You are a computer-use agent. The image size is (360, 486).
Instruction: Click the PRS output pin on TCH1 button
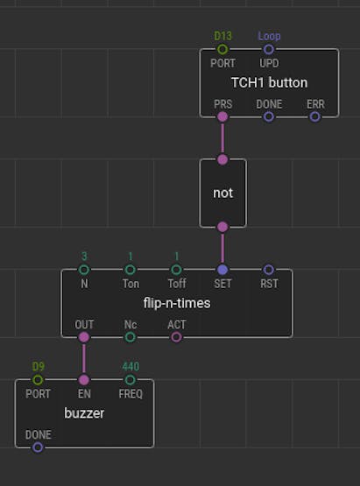(x=222, y=116)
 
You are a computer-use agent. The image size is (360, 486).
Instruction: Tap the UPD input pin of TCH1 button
(x=269, y=49)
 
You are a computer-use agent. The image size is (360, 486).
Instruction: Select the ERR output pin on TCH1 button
(x=315, y=116)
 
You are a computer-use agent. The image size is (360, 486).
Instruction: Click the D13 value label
(x=222, y=36)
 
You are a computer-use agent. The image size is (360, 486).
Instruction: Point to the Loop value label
(x=269, y=36)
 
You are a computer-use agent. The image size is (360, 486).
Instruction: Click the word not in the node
(x=223, y=194)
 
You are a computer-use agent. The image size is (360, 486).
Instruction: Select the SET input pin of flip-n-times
(x=222, y=270)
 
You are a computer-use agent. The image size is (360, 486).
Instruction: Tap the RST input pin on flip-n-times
(x=269, y=270)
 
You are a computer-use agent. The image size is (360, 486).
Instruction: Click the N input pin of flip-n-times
(x=84, y=270)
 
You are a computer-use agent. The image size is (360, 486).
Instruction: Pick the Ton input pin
(x=131, y=270)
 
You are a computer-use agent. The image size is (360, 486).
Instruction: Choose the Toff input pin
(x=176, y=270)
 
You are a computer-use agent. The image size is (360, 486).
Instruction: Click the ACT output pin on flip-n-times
(x=176, y=337)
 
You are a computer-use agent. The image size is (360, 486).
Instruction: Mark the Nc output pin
(x=131, y=337)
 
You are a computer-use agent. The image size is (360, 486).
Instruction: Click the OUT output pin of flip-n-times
(x=84, y=337)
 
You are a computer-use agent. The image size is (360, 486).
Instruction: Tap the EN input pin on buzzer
(x=84, y=380)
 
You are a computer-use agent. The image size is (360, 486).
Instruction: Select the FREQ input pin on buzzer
(x=131, y=380)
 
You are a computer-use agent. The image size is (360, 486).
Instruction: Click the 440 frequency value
(x=131, y=367)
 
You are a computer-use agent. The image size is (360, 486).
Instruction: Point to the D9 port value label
(x=39, y=367)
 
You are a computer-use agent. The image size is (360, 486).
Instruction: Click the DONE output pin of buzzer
(x=38, y=447)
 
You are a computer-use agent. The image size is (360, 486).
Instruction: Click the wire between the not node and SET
(x=222, y=249)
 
